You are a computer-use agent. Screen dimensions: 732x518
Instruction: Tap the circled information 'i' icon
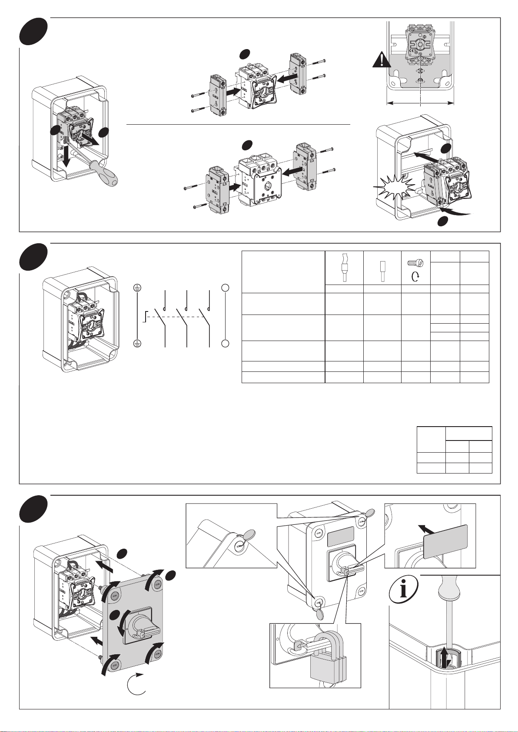(404, 589)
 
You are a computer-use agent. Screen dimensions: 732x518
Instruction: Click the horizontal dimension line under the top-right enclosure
(420, 103)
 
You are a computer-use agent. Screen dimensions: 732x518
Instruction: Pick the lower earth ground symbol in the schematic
(137, 344)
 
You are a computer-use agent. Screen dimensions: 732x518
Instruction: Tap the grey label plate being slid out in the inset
(445, 541)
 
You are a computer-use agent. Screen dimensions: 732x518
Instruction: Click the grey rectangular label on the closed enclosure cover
(340, 537)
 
